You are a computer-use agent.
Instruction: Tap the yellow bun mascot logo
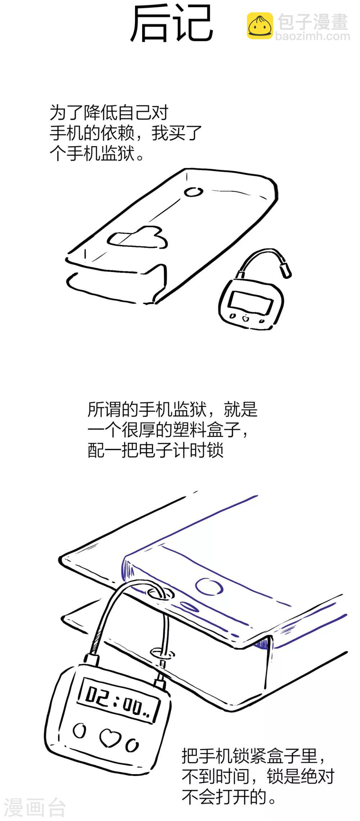pos(260,26)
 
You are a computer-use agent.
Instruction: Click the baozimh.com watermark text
pos(312,36)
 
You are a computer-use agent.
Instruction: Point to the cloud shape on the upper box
pos(138,238)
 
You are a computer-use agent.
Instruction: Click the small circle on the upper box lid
pos(193,192)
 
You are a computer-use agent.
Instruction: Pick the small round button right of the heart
pos(132,746)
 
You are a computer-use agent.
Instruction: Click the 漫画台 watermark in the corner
pos(34,808)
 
